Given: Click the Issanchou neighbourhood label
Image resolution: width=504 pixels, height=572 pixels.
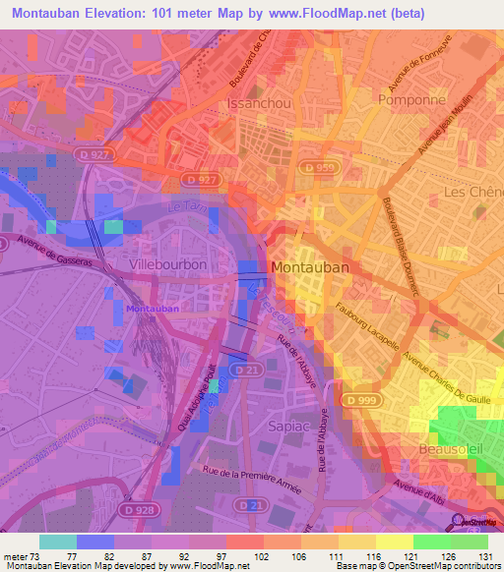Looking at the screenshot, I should click(x=257, y=102).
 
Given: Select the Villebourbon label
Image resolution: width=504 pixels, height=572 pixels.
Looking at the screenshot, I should click(x=167, y=265).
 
